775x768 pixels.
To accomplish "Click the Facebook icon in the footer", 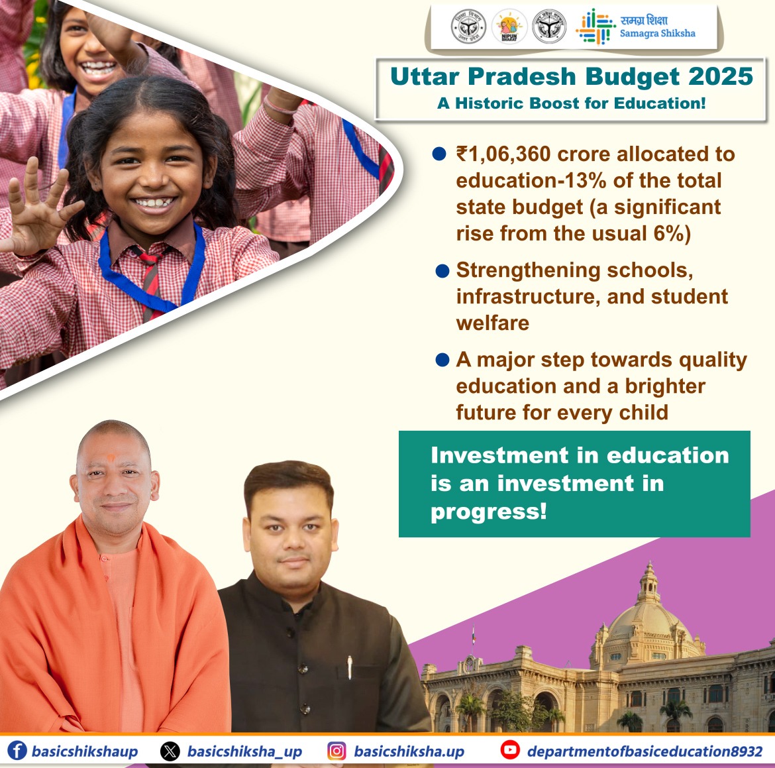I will coord(17,751).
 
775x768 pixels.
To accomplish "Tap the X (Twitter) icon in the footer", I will coord(170,751).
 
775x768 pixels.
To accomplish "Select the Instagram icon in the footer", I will coord(337,751).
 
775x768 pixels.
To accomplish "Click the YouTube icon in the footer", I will coord(510,750).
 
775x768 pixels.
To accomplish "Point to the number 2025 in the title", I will coord(721,77).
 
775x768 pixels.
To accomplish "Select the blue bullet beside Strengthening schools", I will coord(442,271).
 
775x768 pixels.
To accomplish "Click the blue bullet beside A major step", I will coord(442,360).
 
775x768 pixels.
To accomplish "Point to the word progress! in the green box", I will coord(489,512).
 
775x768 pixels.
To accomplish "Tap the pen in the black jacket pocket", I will coord(350,667).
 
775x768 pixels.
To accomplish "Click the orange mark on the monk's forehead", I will coord(111,458).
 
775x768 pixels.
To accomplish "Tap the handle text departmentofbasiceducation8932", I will coord(645,751).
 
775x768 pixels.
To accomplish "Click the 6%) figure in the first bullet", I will coord(672,234).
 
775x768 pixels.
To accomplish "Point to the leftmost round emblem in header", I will coord(468,27).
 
